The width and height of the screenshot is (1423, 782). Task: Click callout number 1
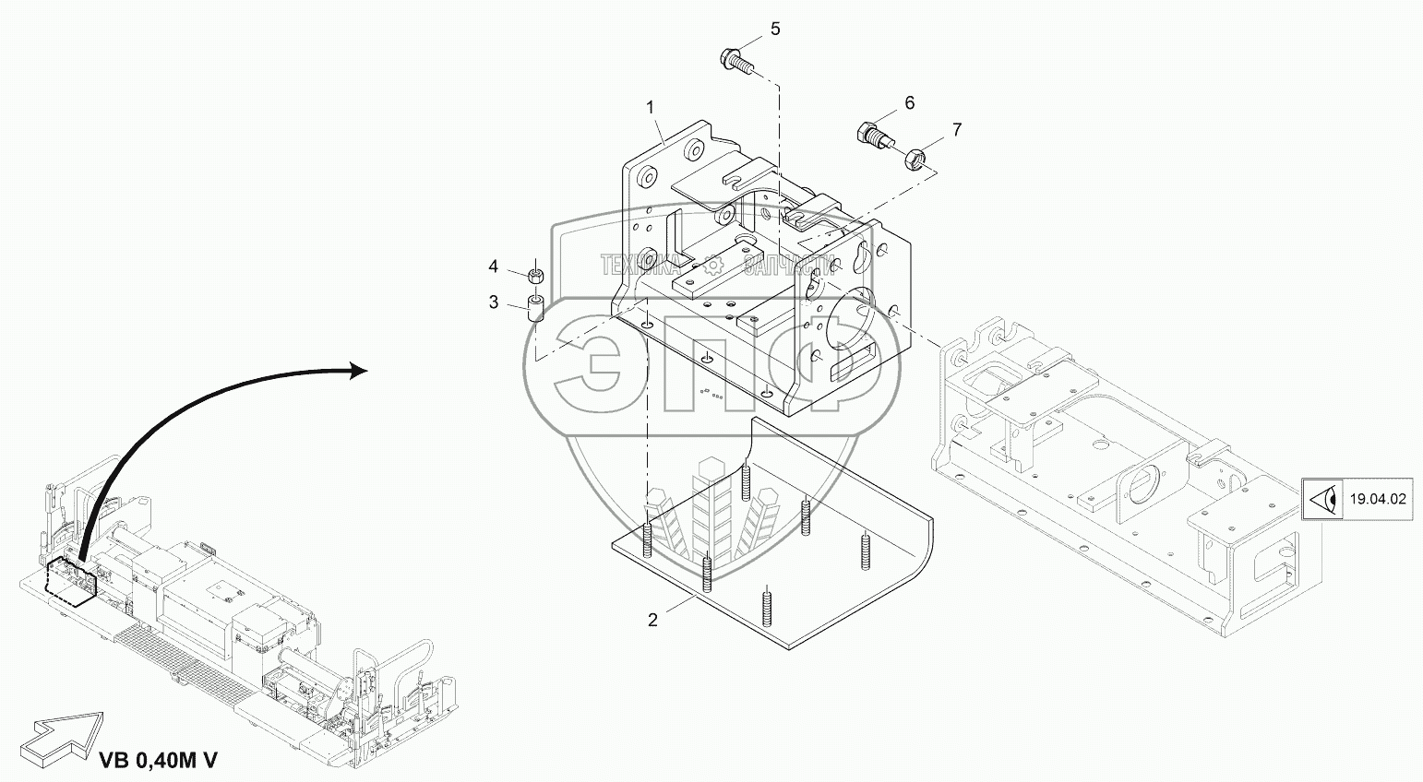click(x=651, y=108)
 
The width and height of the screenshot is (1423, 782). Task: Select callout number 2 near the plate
click(x=652, y=620)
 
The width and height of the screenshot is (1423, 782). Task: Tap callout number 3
click(x=494, y=302)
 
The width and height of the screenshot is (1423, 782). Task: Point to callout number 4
click(x=494, y=267)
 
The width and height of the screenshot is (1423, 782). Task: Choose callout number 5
click(x=774, y=29)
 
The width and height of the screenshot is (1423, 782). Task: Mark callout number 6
click(x=909, y=102)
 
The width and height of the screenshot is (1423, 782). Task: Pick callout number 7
click(x=957, y=129)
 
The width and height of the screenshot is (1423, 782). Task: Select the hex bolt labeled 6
click(x=874, y=136)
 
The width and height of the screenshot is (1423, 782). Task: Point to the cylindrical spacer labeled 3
click(x=535, y=307)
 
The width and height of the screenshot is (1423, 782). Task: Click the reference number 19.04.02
click(x=1378, y=500)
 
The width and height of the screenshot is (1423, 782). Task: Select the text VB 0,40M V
click(x=158, y=761)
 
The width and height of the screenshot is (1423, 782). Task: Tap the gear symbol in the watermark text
click(x=711, y=266)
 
